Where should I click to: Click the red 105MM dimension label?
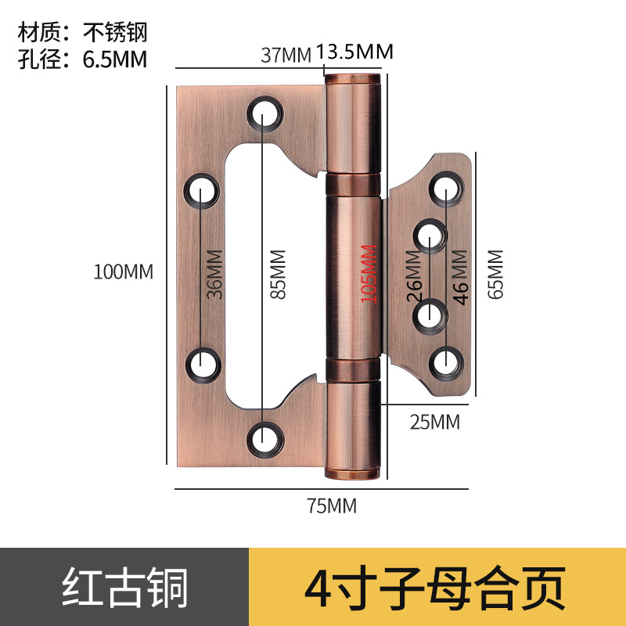point(368,274)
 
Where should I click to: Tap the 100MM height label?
point(124,272)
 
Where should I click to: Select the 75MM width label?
point(332,506)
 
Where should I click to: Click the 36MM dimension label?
point(215,274)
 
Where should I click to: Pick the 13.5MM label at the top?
point(354,52)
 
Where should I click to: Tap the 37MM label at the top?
point(286,55)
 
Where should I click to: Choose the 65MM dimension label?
point(495,274)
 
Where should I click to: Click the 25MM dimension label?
point(435,422)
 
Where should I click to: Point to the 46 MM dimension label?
point(461,276)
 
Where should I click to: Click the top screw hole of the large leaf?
point(265,113)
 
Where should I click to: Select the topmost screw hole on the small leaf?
point(447,189)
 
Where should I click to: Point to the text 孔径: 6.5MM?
point(82,58)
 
